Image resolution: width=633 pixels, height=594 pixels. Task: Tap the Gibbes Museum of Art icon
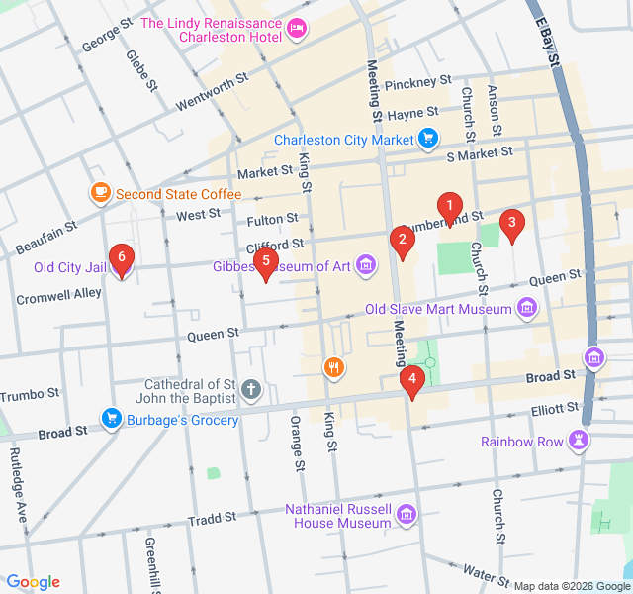pos(366,265)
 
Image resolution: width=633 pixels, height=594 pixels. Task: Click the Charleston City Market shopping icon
pos(427,139)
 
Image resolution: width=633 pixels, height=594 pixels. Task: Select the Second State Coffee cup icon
pos(100,193)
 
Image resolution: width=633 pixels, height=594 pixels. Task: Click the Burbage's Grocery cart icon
pos(111,420)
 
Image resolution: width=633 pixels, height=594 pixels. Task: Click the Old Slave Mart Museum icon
pos(527,309)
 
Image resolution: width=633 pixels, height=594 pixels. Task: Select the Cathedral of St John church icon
pos(252,390)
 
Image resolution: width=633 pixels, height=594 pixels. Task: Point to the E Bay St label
pos(547,42)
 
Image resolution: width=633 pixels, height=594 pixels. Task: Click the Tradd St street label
pos(212,518)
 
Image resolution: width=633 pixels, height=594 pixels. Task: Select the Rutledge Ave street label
pos(19,483)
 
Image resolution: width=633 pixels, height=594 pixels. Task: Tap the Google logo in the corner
pos(33,582)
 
